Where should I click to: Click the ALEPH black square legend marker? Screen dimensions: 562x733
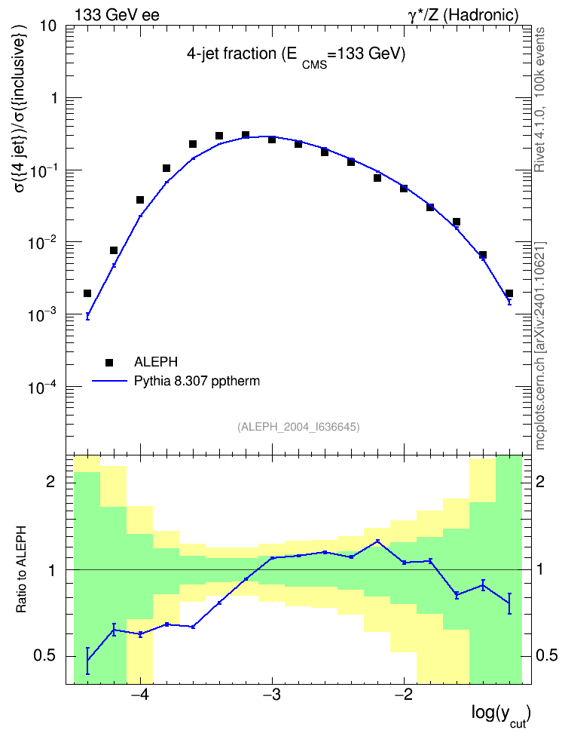tap(109, 362)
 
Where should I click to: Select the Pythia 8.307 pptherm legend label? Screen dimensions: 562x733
tap(197, 382)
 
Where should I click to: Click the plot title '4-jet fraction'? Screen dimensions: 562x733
tap(232, 54)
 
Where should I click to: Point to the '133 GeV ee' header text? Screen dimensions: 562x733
tap(118, 15)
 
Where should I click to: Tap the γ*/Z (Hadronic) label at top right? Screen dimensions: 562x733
tap(463, 15)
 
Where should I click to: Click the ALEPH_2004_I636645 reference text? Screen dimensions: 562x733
tap(298, 427)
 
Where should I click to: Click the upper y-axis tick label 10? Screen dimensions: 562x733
tap(48, 26)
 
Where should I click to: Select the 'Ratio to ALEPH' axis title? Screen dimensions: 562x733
tap(21, 569)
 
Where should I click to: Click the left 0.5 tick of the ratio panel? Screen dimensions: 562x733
tap(44, 656)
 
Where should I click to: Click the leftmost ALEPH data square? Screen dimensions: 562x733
tap(87, 293)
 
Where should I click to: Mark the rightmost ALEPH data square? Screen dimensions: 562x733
tap(509, 293)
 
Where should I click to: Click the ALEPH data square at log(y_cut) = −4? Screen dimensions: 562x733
tap(140, 200)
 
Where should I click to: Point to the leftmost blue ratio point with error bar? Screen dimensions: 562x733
tap(87, 660)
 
